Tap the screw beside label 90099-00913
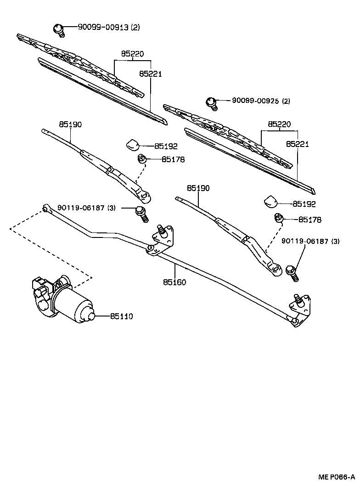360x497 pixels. (x=59, y=29)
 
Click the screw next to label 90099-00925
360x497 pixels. (x=211, y=103)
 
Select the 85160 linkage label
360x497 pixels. (x=174, y=282)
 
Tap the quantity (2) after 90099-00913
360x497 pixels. (x=135, y=28)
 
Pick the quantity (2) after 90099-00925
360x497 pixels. (x=286, y=101)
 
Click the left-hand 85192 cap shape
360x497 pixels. (x=133, y=144)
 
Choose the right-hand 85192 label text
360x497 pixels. (x=304, y=203)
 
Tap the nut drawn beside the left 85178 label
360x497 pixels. (x=142, y=159)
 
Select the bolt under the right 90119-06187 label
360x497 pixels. (x=292, y=272)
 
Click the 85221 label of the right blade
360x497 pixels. (x=297, y=144)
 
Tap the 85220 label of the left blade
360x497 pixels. (x=132, y=54)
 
